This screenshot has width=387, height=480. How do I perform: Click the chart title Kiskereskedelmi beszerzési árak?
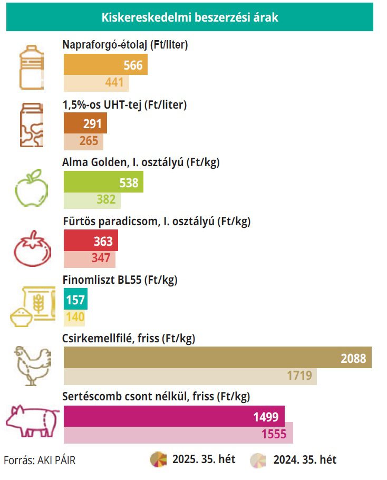tap(189, 17)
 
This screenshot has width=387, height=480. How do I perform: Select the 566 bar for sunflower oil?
tap(105, 65)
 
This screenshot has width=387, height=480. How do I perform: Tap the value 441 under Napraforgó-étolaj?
tap(114, 83)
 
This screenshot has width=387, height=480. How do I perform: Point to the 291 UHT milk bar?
tap(85, 123)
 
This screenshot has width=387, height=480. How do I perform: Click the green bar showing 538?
tap(103, 183)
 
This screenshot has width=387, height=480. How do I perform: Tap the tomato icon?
tap(32, 246)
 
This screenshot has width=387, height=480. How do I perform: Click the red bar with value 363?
tap(91, 241)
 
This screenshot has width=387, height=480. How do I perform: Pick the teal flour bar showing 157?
tap(75, 300)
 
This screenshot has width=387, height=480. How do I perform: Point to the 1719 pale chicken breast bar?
tap(190, 376)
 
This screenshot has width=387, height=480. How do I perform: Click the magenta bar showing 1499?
tap(174, 417)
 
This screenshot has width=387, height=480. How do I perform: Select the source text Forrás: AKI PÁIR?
tap(40, 460)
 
